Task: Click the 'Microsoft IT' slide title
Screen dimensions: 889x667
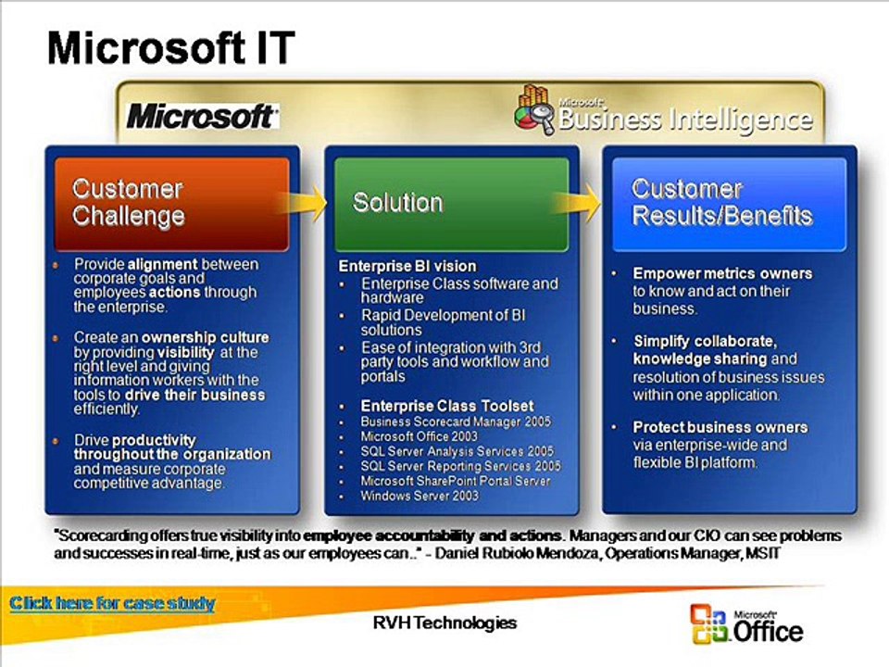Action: [171, 48]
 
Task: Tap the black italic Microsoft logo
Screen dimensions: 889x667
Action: [203, 117]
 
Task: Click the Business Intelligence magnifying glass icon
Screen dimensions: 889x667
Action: [535, 110]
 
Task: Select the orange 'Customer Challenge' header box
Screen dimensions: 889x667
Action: [172, 204]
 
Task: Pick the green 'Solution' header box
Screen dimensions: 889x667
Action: [451, 204]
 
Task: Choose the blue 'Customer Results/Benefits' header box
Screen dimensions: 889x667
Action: [729, 204]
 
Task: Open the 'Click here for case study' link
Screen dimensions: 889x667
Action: [112, 603]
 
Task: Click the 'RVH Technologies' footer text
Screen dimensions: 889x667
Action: [444, 623]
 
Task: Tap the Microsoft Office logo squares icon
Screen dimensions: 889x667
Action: [708, 623]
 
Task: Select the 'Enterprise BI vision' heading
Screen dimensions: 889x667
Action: [407, 266]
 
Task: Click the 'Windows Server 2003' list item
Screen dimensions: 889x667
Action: [419, 496]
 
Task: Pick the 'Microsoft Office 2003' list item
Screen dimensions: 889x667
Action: [419, 436]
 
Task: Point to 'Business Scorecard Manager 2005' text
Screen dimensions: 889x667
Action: [456, 422]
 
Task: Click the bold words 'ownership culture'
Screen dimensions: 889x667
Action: [206, 337]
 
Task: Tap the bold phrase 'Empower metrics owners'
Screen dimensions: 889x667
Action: [722, 273]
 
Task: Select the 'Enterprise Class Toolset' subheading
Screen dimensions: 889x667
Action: [447, 406]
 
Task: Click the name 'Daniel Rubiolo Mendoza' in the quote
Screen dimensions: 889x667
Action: [517, 554]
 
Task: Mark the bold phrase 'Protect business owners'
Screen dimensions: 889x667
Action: [720, 427]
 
